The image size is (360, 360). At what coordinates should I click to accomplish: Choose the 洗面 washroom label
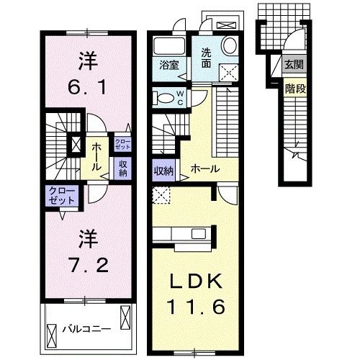206,57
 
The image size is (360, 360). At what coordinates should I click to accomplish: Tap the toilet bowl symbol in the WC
165,98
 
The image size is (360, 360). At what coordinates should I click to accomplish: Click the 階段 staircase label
293,89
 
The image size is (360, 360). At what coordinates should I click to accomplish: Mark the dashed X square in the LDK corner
161,194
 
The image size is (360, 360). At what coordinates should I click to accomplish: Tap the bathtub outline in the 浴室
170,45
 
